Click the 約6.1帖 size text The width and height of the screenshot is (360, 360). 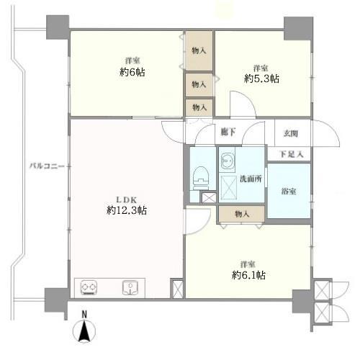tap(249, 275)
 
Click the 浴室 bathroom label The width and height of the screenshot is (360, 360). tap(289, 192)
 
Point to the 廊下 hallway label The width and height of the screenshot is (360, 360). tap(228, 132)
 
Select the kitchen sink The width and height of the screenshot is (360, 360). tap(131, 287)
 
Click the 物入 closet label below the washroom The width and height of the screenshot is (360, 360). tap(242, 213)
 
